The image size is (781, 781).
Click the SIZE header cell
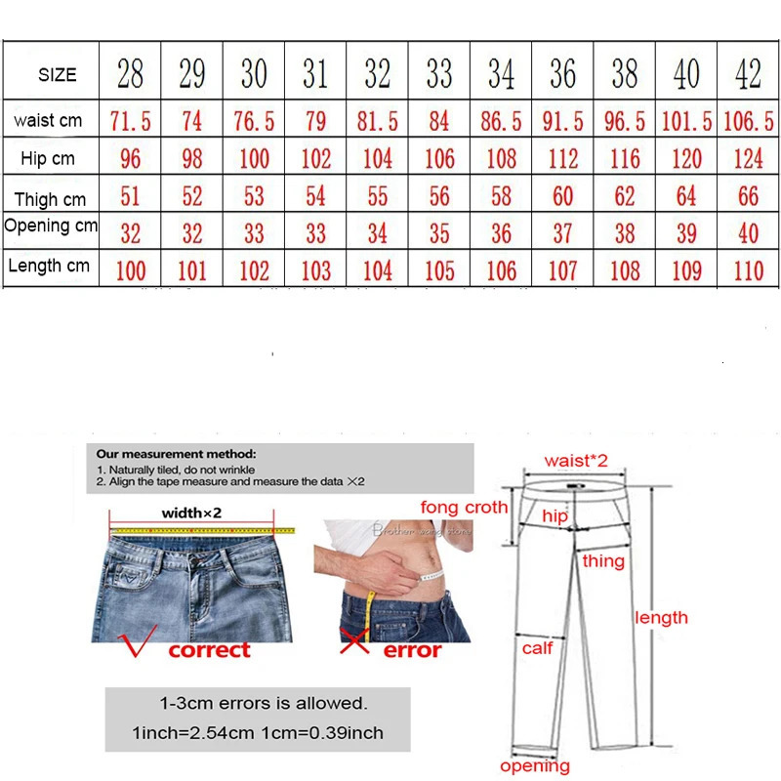coord(57,75)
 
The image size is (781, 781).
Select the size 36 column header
coord(563,74)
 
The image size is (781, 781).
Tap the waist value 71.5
coord(130,121)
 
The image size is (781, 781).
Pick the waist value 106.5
coord(749,121)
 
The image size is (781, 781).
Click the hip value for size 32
coord(378,158)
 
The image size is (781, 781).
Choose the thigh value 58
coord(501,196)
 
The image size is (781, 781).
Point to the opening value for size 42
coord(749,233)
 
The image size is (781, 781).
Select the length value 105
coord(439,270)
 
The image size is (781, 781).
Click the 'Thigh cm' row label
coord(50,199)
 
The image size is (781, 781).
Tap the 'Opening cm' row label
coord(51,226)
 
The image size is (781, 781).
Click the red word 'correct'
coord(209,649)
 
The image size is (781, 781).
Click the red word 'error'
coord(412,649)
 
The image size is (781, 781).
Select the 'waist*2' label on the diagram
coord(576,460)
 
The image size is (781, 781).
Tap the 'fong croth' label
coord(464,507)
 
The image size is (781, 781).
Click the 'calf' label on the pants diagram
coord(537,647)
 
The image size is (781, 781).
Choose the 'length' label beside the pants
coord(661,617)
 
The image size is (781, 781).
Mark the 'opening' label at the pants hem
coord(534,766)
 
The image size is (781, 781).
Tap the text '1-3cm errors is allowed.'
coord(264,703)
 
